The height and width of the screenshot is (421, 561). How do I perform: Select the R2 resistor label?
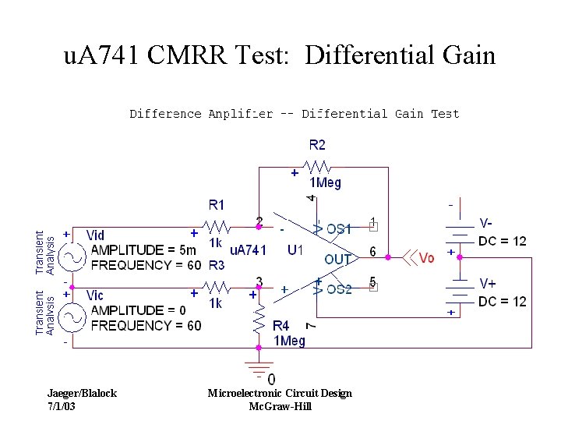(x=317, y=144)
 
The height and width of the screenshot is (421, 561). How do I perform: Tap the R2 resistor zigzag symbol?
(x=320, y=167)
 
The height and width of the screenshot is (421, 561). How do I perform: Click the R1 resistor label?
(x=217, y=205)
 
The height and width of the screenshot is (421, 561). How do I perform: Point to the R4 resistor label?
(x=281, y=325)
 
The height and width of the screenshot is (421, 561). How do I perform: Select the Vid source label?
(x=96, y=235)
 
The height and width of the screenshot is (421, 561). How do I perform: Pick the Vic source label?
(x=95, y=295)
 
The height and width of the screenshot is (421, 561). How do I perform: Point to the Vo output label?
(x=426, y=258)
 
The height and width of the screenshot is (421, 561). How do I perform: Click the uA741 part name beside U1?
(x=248, y=250)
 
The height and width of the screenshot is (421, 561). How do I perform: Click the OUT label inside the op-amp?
(x=338, y=259)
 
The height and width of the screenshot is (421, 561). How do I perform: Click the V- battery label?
(x=485, y=223)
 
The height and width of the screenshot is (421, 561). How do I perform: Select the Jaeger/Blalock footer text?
(x=82, y=393)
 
